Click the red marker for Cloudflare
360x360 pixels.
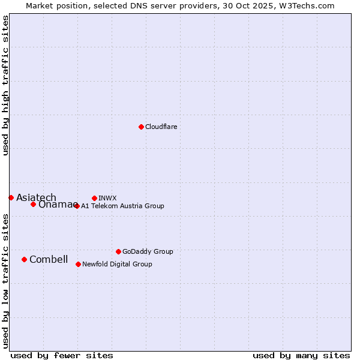[x=141, y=127]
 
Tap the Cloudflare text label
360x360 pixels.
[x=161, y=127]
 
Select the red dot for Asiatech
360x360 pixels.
[x=11, y=197]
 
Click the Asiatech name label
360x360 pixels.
[x=36, y=197]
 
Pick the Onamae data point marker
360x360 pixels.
[x=33, y=204]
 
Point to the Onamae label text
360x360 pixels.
[x=55, y=205]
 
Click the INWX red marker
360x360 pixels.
[x=94, y=198]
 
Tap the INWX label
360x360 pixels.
[x=107, y=198]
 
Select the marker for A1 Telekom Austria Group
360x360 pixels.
[x=76, y=206]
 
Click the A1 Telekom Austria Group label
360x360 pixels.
[x=122, y=206]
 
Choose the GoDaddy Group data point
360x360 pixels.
[x=118, y=251]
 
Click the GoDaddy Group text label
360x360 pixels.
[x=148, y=251]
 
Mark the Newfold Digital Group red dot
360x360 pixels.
[x=78, y=264]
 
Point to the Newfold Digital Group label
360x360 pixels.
[x=117, y=264]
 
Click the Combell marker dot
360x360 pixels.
[x=24, y=259]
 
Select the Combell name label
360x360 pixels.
[x=49, y=259]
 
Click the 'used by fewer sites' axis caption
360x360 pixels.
[x=62, y=355]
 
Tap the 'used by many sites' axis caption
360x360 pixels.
[x=301, y=355]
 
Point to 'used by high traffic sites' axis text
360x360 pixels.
[x=5, y=85]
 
